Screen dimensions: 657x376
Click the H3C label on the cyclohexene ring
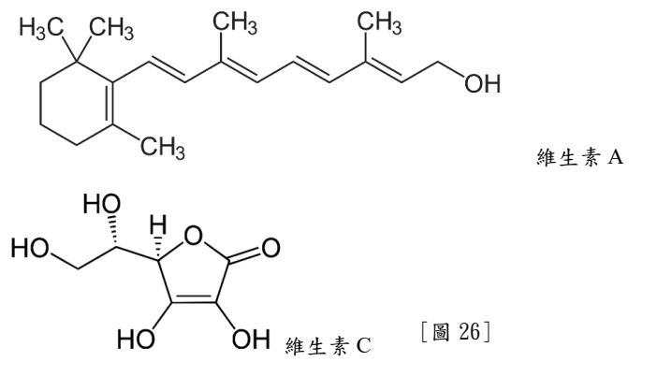[41, 29]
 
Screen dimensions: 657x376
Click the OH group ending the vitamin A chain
[482, 83]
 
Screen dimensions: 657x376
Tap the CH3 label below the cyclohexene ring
[163, 148]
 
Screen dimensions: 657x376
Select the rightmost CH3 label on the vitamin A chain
[379, 22]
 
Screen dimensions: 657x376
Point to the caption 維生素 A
[580, 158]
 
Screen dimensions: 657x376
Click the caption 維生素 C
[328, 346]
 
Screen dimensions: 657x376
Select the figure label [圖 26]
[456, 332]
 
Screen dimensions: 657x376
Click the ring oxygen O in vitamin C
[193, 236]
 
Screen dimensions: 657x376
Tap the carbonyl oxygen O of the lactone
[270, 248]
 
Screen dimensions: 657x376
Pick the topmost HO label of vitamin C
[102, 204]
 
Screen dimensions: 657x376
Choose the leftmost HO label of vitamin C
[30, 248]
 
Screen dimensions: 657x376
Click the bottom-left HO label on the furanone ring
[136, 339]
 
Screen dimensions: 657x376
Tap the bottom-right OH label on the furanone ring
[251, 339]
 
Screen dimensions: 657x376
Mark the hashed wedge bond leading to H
[158, 248]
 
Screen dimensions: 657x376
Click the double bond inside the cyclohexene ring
[109, 103]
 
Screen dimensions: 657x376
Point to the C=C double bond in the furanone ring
[193, 298]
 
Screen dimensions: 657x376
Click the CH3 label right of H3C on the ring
[112, 29]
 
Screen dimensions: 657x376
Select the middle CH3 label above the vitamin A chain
[235, 22]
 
